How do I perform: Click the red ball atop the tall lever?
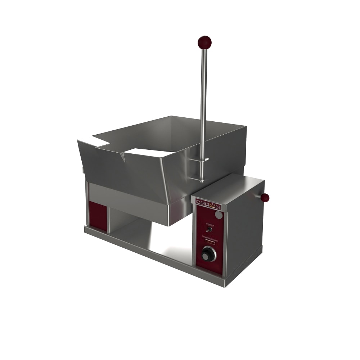(x=204, y=42)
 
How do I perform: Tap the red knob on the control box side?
(x=265, y=197)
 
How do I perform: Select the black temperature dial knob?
(x=208, y=254)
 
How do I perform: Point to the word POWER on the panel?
(x=209, y=225)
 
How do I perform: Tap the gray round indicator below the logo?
(x=219, y=215)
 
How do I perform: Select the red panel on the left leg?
(x=98, y=216)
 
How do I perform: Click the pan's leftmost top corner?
(x=78, y=141)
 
